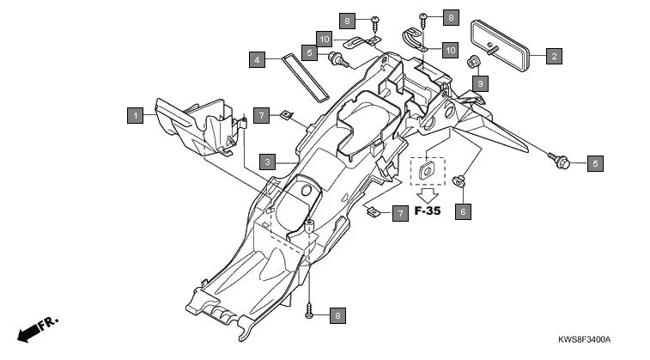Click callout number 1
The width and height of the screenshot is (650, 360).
(x=134, y=113)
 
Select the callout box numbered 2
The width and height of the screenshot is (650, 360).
(x=554, y=58)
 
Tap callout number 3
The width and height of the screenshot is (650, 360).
(x=269, y=161)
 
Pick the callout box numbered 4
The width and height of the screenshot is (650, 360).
(x=257, y=60)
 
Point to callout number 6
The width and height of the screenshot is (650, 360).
(x=463, y=211)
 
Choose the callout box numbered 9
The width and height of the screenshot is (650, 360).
(x=480, y=83)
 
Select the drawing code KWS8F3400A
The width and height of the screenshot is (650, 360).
(x=589, y=340)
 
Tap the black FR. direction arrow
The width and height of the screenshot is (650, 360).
(x=32, y=329)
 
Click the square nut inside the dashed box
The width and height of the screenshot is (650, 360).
(x=427, y=171)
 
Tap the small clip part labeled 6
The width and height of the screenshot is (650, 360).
(x=461, y=181)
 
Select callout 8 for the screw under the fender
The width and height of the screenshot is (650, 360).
(x=337, y=315)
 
